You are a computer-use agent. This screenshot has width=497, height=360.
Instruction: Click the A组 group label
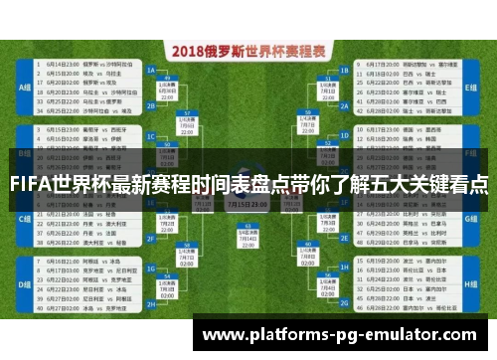pos(22,87)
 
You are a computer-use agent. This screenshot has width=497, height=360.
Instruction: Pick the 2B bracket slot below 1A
pos(152,103)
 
